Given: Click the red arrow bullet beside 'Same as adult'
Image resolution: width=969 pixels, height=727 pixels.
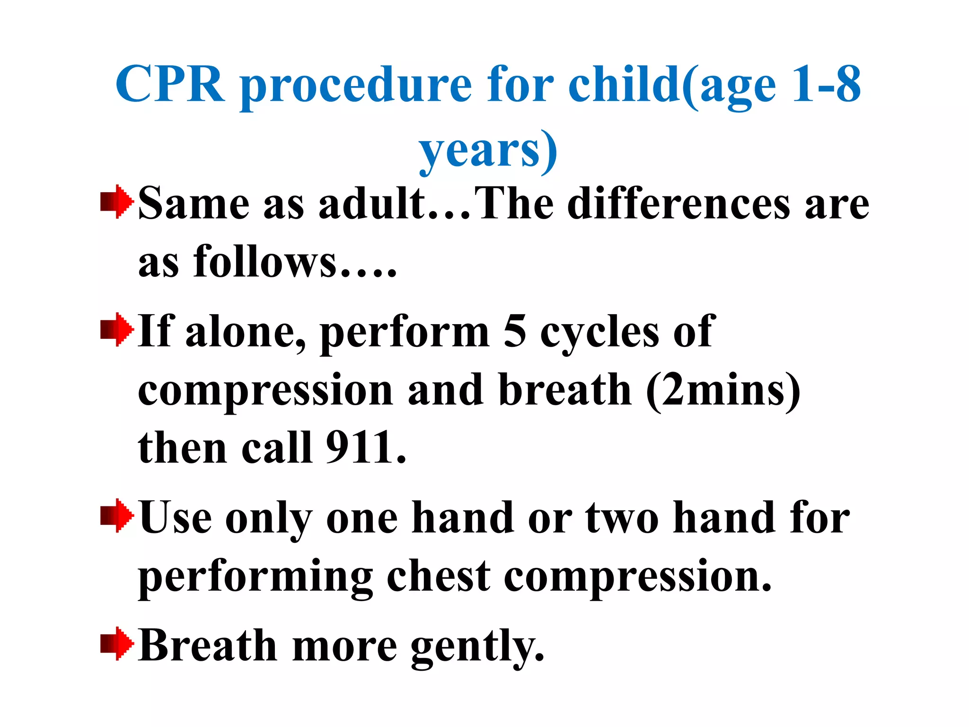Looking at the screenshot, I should coord(116,202).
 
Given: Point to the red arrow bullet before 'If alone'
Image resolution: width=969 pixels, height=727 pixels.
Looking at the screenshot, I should coord(116,329).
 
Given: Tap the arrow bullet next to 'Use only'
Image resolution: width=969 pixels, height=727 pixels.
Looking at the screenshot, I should coord(116,516).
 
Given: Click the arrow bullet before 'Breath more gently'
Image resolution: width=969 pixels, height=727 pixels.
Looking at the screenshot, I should coord(116,644).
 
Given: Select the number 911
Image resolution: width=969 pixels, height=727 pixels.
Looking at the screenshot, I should coord(360,447).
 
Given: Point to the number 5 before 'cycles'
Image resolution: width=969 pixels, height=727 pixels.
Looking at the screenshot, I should coord(515,331).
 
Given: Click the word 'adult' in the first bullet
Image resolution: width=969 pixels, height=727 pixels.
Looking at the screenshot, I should coord(372,204).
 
